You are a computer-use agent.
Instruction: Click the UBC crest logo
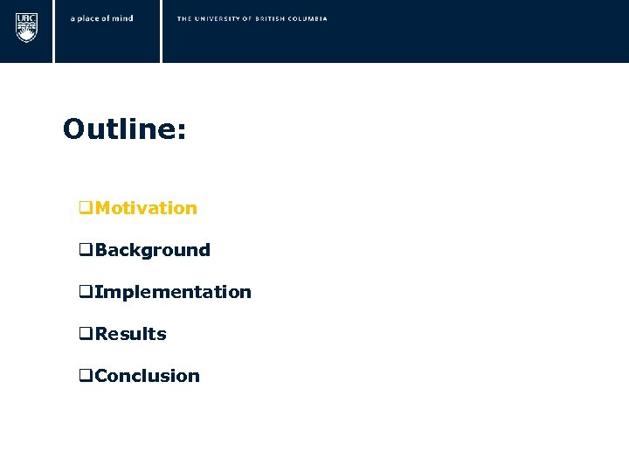tap(27, 27)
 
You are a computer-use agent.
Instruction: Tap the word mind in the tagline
tap(122, 18)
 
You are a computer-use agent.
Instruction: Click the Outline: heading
tap(124, 130)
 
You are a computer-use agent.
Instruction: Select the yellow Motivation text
tap(146, 208)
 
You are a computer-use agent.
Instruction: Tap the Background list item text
tap(153, 250)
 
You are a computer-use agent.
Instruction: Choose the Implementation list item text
tap(173, 292)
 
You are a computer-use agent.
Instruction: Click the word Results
tap(131, 334)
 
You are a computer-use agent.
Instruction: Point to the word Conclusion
tap(148, 376)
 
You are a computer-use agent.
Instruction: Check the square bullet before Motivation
tap(86, 209)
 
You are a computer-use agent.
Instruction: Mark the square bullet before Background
tap(86, 251)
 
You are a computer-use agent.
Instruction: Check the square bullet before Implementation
tap(86, 293)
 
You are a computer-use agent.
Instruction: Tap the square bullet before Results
tap(86, 335)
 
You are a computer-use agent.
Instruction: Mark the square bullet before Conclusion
tap(86, 377)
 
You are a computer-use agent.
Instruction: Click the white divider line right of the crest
tap(54, 31)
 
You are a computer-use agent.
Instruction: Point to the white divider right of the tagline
tap(162, 31)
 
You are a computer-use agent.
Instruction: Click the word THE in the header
tap(185, 18)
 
